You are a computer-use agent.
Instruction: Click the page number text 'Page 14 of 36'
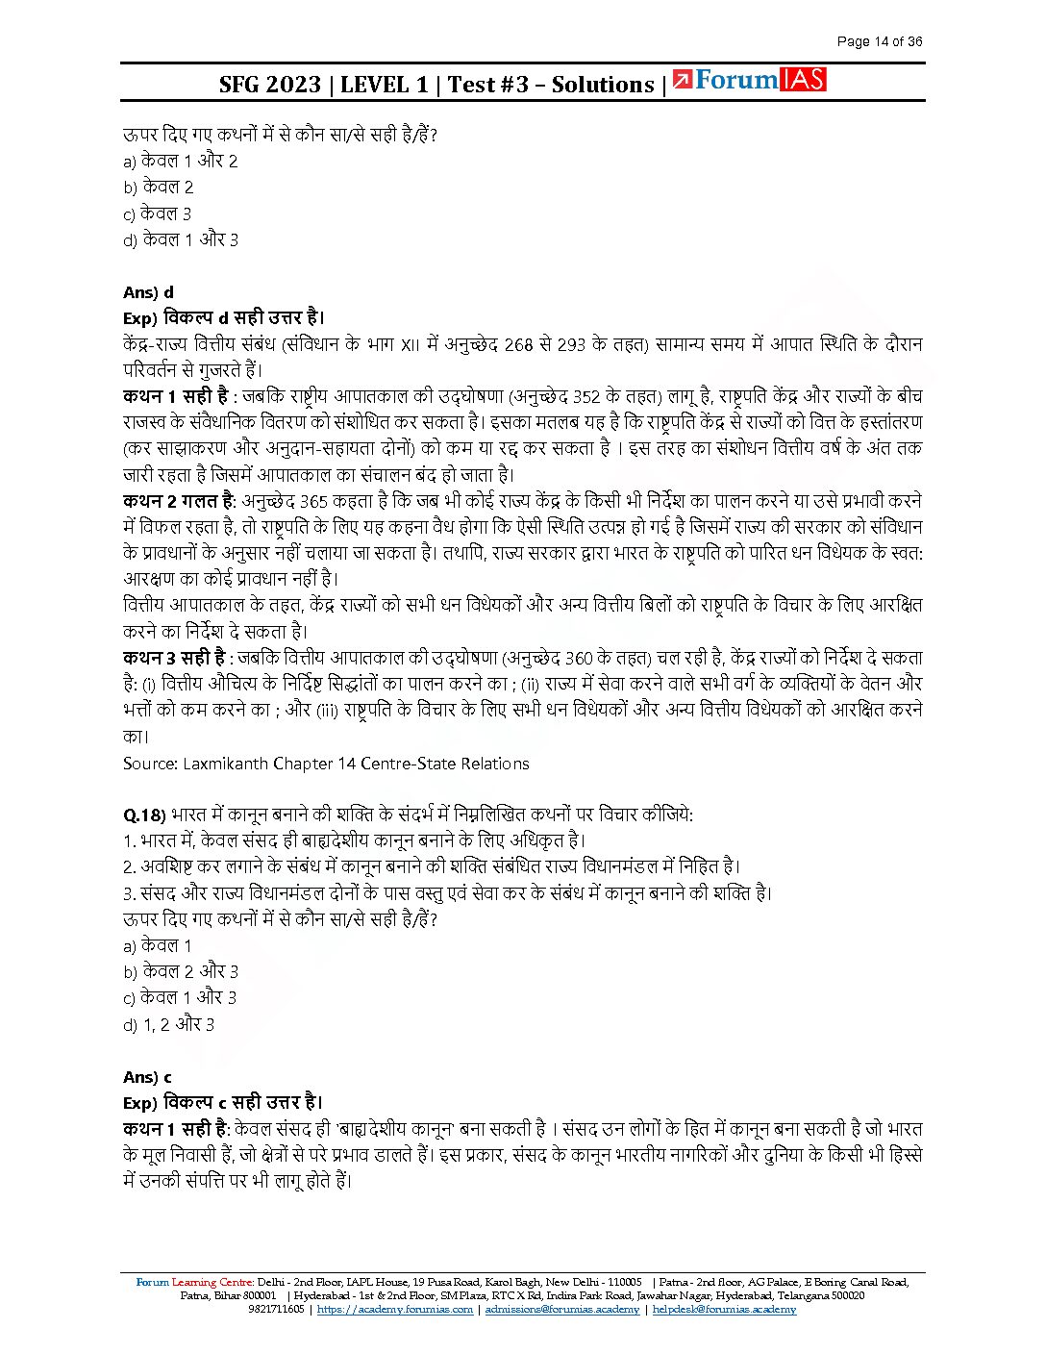tap(879, 41)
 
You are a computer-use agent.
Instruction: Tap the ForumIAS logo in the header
tap(750, 81)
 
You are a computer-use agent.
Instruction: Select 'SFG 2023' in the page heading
tap(269, 85)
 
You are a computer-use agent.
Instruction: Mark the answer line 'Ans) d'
tap(148, 292)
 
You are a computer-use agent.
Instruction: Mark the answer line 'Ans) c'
tap(147, 1077)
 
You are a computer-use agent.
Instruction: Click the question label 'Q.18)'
tap(144, 815)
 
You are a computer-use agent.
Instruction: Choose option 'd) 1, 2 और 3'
tap(168, 1024)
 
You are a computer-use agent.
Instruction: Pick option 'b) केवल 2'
tap(158, 187)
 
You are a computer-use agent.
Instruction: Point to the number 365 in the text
tap(313, 501)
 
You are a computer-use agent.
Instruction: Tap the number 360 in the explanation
tap(579, 658)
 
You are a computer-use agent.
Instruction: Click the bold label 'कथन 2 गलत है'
tap(179, 501)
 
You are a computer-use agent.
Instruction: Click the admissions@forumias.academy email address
tap(561, 1309)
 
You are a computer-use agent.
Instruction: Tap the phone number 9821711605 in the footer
tap(276, 1309)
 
